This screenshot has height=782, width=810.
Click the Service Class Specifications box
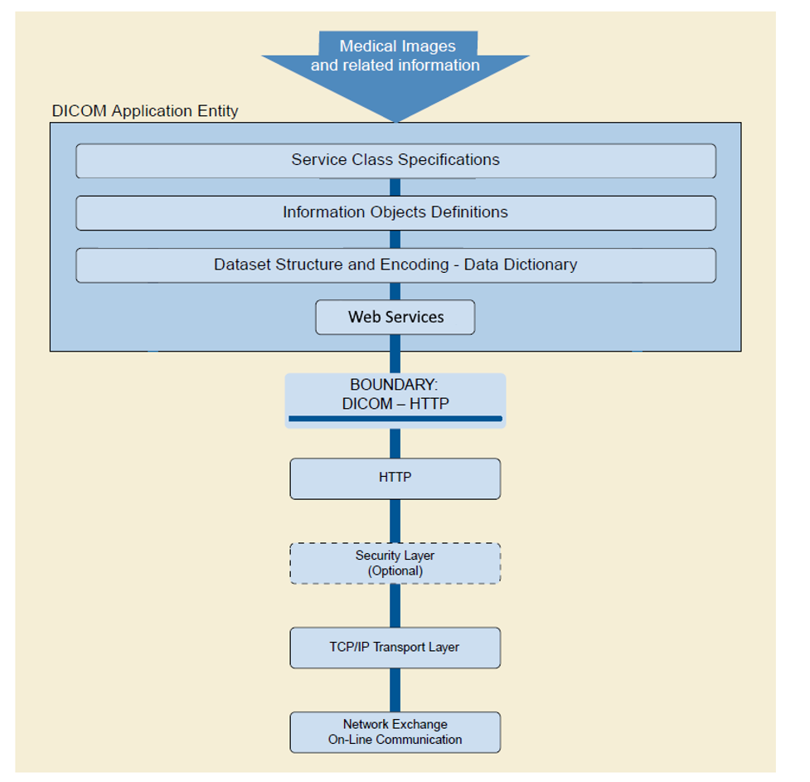[x=395, y=160]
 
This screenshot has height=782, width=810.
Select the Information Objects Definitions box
[x=395, y=212]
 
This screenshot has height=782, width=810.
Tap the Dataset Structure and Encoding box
[x=395, y=265]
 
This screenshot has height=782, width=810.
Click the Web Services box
[x=395, y=317]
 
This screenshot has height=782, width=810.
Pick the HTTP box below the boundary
[x=395, y=478]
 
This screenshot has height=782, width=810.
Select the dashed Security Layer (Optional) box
[x=395, y=563]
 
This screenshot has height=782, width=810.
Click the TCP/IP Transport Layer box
[x=395, y=648]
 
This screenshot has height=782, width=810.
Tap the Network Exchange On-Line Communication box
[x=395, y=732]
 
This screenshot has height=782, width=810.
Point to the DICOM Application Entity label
[x=145, y=111]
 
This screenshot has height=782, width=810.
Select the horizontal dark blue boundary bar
[x=395, y=419]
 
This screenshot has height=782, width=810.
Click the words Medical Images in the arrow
[x=397, y=46]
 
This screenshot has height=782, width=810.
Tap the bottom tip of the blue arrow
[x=395, y=120]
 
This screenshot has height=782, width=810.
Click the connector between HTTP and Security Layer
[x=395, y=521]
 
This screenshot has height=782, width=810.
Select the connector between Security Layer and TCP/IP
[x=395, y=605]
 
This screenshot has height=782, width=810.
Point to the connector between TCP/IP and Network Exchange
[x=395, y=690]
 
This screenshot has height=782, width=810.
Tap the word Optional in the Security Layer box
[x=395, y=571]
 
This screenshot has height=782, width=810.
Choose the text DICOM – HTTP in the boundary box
[x=395, y=404]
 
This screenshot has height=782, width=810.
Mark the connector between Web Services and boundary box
[x=395, y=354]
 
